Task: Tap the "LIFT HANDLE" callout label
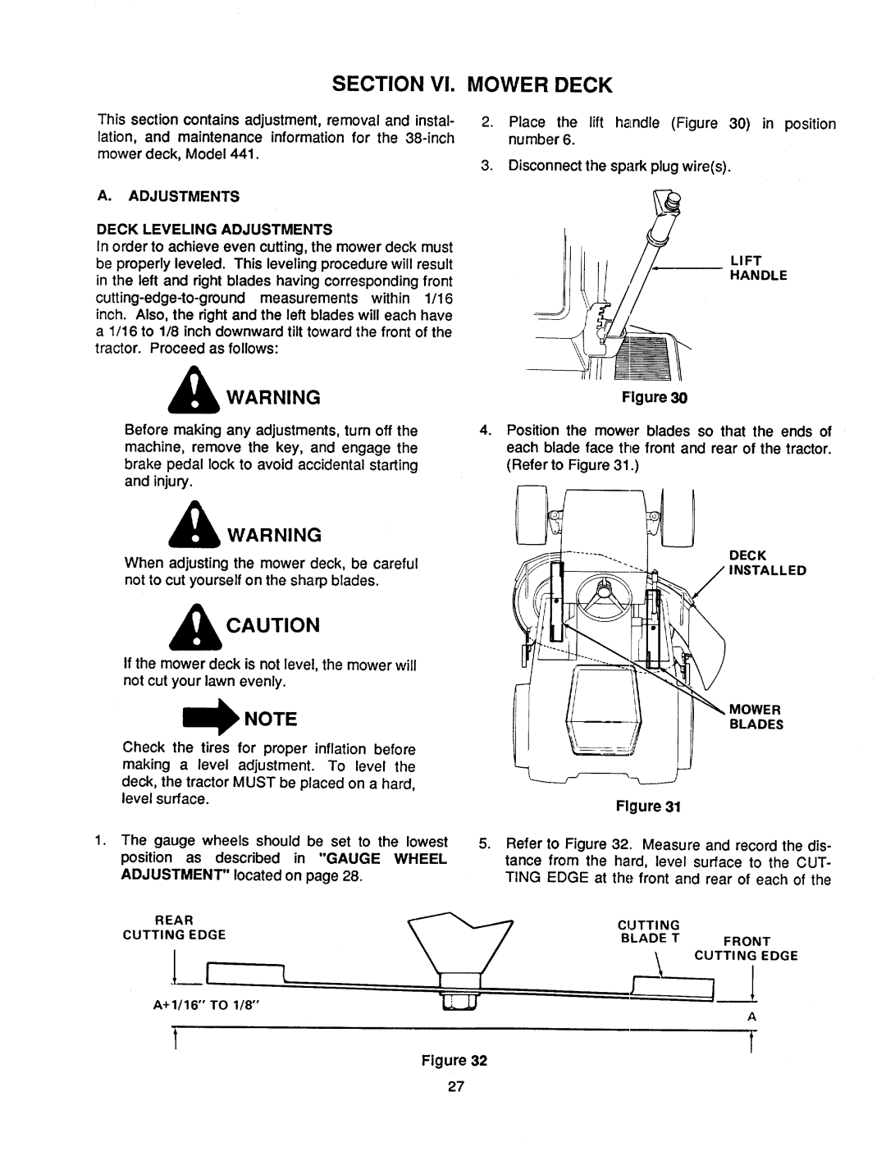click(x=756, y=268)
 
